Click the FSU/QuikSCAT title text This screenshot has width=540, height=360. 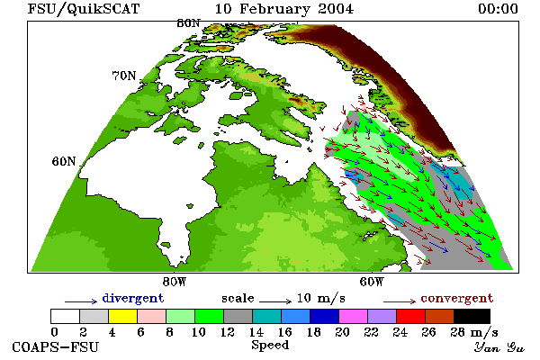[84, 9]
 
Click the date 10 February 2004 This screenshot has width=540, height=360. [284, 9]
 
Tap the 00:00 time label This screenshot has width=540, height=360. [498, 9]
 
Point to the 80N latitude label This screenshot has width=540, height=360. [188, 23]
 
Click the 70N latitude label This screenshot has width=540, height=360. [124, 76]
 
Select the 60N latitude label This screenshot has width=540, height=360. [64, 161]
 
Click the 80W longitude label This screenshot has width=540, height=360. [175, 282]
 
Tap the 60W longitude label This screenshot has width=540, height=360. [371, 282]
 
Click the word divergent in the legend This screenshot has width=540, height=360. [133, 299]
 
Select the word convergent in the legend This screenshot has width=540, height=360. [456, 299]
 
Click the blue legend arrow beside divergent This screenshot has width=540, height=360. [81, 301]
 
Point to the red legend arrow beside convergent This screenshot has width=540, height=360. [400, 301]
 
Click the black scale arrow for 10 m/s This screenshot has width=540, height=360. [275, 301]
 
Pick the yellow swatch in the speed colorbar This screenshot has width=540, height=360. [122, 316]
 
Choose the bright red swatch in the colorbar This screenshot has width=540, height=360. [410, 316]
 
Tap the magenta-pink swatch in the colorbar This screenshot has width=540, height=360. [353, 316]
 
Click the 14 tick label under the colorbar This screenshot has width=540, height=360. [256, 332]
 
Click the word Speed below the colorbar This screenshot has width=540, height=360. [270, 346]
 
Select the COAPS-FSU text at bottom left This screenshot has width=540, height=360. [56, 346]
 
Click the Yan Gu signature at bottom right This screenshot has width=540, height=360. [499, 347]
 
